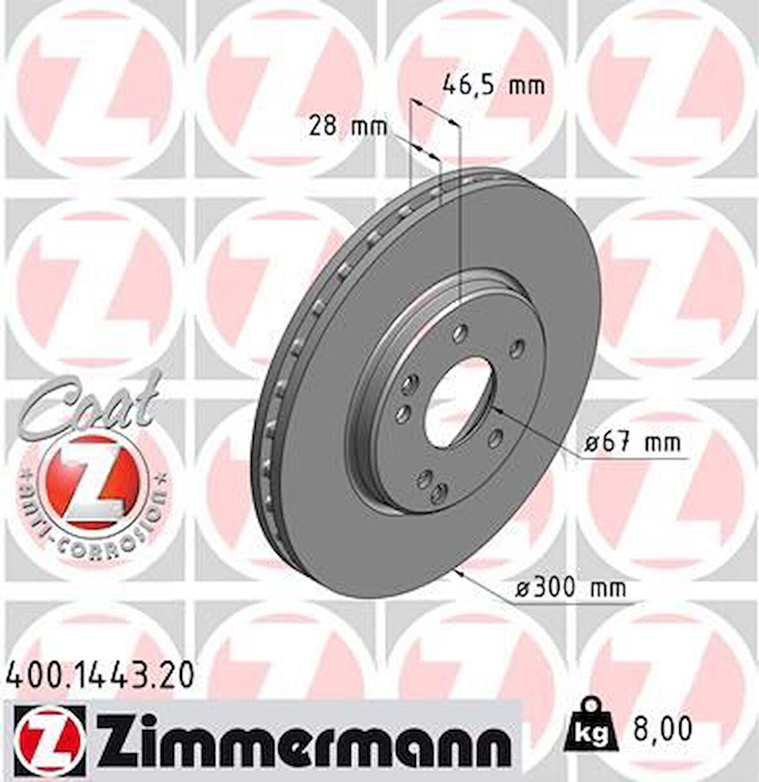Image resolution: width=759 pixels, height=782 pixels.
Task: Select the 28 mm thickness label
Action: click(x=348, y=125)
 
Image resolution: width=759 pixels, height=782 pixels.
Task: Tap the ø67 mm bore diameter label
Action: click(x=632, y=442)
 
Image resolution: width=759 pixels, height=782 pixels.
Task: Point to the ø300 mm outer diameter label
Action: click(x=571, y=587)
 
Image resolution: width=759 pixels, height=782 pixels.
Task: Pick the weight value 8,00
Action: click(x=661, y=729)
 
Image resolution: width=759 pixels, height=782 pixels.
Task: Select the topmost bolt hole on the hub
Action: click(x=459, y=332)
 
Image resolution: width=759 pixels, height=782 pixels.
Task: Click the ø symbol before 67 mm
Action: click(x=592, y=442)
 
